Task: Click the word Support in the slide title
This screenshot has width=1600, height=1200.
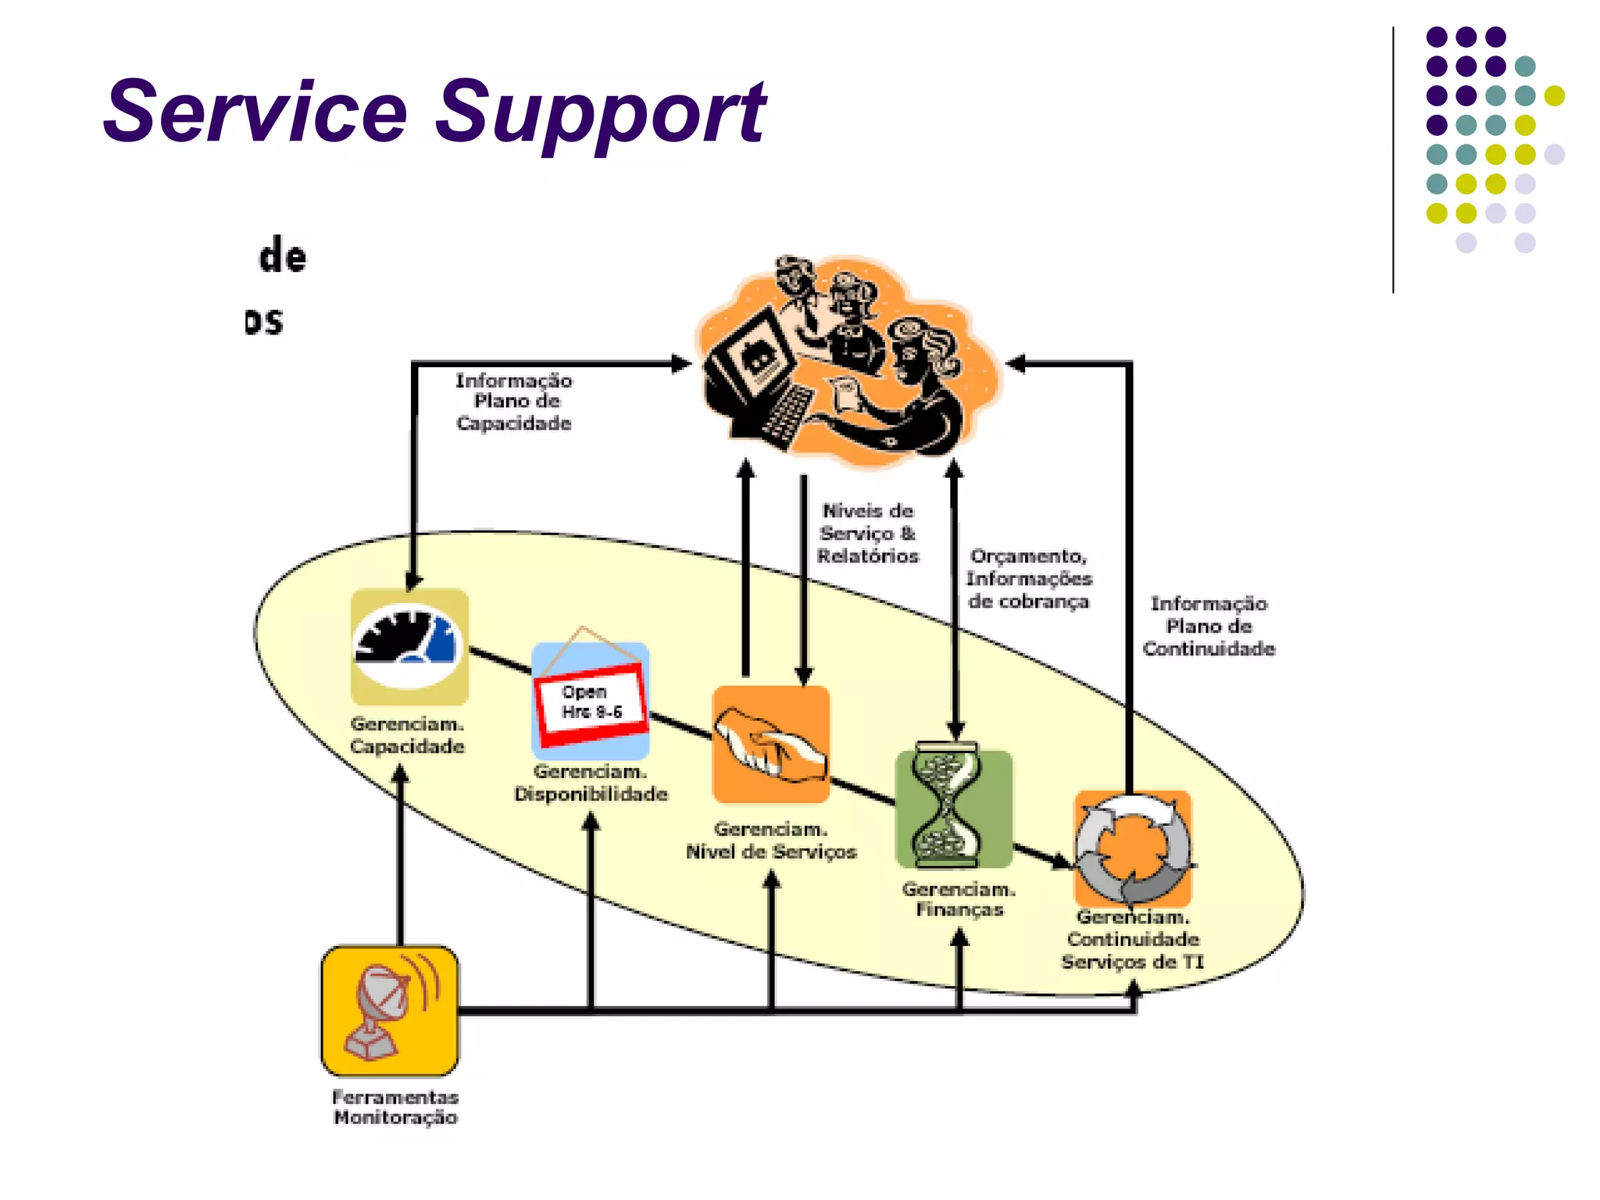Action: pyautogui.click(x=600, y=113)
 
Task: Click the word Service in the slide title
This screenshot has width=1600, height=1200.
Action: pyautogui.click(x=256, y=113)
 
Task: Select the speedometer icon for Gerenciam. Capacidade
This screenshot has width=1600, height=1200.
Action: pyautogui.click(x=409, y=647)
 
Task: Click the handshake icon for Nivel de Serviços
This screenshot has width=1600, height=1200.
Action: pyautogui.click(x=771, y=745)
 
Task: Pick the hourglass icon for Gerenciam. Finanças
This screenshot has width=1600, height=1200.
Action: pyautogui.click(x=953, y=807)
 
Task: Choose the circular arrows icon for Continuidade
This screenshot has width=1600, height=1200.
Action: pyautogui.click(x=1133, y=848)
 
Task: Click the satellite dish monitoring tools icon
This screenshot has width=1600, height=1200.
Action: pyautogui.click(x=389, y=1010)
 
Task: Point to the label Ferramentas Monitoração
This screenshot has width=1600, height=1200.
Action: pyautogui.click(x=395, y=1107)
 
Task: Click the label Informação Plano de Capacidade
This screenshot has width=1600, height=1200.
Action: pyautogui.click(x=513, y=402)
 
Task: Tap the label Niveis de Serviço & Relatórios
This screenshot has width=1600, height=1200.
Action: pyautogui.click(x=867, y=533)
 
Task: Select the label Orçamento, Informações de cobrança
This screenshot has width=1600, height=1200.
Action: pyautogui.click(x=1028, y=578)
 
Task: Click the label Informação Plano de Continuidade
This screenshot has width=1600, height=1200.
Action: pyautogui.click(x=1209, y=626)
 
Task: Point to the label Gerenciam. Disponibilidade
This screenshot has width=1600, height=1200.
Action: pyautogui.click(x=591, y=783)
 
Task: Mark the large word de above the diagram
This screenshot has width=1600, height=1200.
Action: pyautogui.click(x=282, y=256)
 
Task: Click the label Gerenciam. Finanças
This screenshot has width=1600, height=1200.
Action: pyautogui.click(x=959, y=899)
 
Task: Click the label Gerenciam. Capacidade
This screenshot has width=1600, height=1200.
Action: pyautogui.click(x=407, y=734)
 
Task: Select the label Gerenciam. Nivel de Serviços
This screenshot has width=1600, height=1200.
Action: pyautogui.click(x=771, y=841)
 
